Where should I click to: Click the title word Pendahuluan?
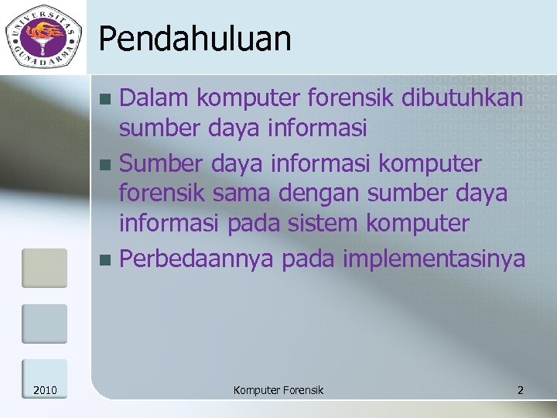pyautogui.click(x=195, y=39)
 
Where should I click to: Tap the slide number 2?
pyautogui.click(x=521, y=390)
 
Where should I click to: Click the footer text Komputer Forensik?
pyautogui.click(x=278, y=390)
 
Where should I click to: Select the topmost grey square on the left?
pyautogui.click(x=44, y=268)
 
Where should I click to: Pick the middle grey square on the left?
pyautogui.click(x=44, y=323)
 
